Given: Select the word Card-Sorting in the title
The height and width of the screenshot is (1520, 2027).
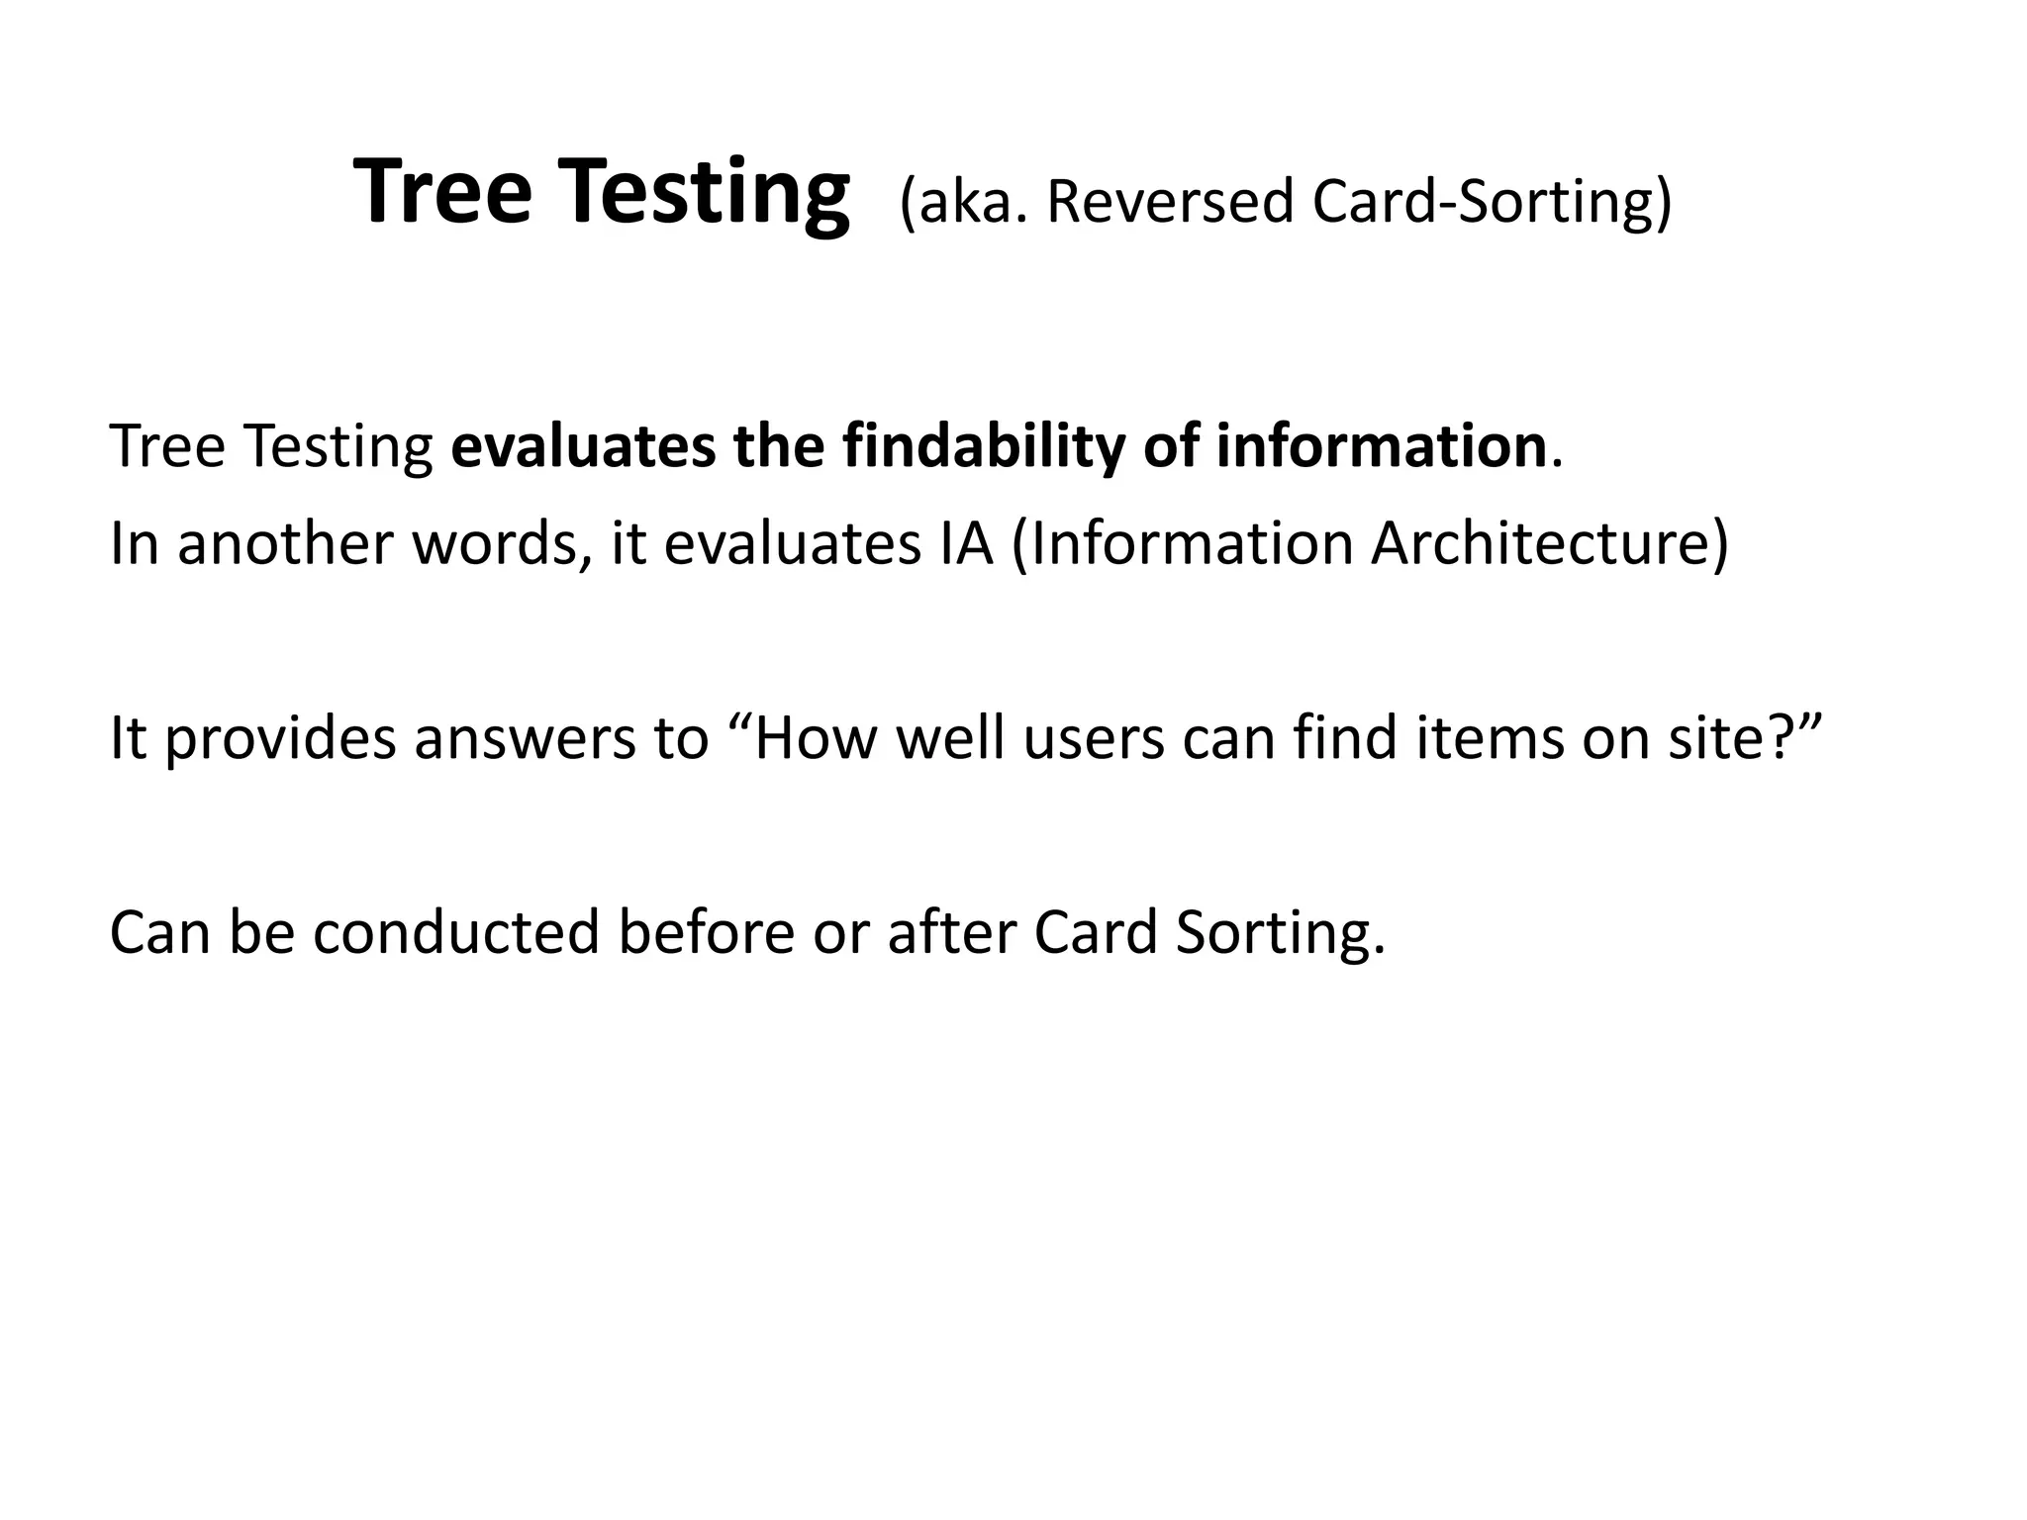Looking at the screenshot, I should pos(1492,201).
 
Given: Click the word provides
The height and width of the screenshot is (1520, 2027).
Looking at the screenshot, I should pos(280,738).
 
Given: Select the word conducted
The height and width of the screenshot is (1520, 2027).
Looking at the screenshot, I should pos(456,932).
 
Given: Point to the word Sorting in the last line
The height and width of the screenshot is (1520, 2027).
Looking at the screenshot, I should pos(1280,932).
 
